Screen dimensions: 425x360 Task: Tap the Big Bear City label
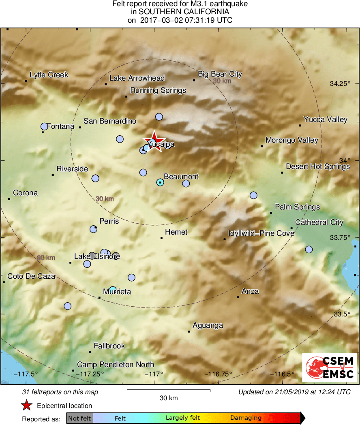[220, 74]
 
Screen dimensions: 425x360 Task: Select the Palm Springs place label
[297, 207]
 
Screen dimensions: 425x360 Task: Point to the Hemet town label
[176, 232]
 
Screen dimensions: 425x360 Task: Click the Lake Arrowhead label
[137, 78]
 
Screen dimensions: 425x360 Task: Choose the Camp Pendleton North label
[116, 365]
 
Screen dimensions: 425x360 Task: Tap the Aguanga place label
[208, 325]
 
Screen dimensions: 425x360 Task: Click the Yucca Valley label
[326, 120]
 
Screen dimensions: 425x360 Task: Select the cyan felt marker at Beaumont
[160, 183]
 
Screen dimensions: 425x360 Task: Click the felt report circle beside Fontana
[44, 126]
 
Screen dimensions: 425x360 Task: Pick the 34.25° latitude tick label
[340, 84]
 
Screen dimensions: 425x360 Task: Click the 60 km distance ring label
[46, 258]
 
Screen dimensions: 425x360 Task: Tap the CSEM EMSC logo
[330, 367]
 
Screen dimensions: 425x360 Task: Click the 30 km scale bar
[169, 391]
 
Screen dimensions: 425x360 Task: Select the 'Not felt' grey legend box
[79, 418]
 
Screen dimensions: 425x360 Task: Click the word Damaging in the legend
[246, 418]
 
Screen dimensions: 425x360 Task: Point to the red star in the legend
[27, 406]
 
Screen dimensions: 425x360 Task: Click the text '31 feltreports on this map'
[60, 392]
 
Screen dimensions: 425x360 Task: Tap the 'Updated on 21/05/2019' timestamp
[294, 392]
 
